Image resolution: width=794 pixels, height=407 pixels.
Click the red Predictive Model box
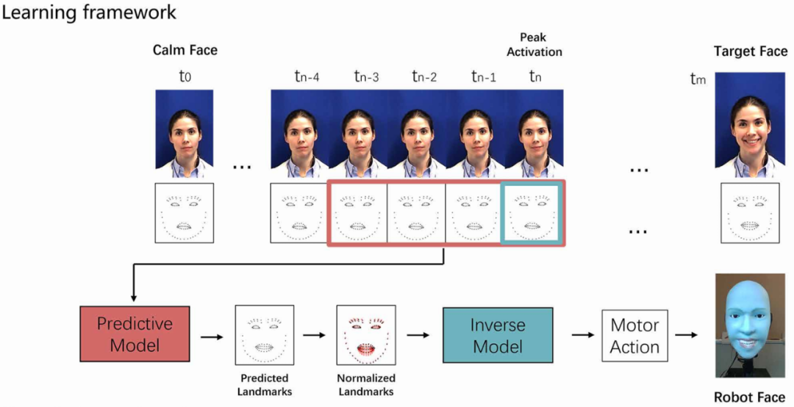point(135,334)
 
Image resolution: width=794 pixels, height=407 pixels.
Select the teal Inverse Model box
point(498,335)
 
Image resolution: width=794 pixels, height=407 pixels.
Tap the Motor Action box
point(634,335)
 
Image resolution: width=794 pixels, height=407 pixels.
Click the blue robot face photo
point(750,325)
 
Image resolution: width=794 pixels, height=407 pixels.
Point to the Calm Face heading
point(185,50)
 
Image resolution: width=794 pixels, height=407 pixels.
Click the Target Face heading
point(751,51)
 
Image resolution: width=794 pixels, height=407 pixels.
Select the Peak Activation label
point(534,45)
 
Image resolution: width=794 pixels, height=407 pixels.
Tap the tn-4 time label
point(307,76)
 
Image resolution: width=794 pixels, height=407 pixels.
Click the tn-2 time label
point(424,76)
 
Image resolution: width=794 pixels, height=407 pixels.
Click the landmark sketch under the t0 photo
point(185,212)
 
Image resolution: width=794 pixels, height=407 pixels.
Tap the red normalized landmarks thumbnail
point(366,335)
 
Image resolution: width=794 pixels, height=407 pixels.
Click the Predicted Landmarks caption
point(265,385)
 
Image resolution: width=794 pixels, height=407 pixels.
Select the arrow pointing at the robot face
point(687,335)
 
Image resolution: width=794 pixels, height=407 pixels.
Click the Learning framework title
point(89,12)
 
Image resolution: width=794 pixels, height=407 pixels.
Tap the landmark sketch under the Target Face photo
point(749,212)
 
